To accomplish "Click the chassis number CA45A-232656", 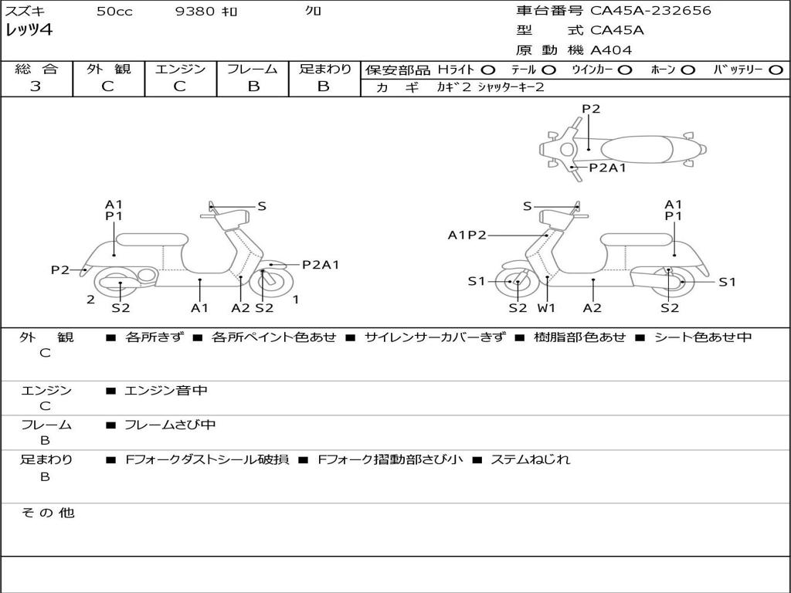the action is (650, 11).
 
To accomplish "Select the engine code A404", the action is (611, 50).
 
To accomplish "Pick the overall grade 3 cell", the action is (36, 86).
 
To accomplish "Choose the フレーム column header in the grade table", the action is (253, 69).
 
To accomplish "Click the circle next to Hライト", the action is (488, 69).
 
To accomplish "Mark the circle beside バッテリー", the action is (776, 69).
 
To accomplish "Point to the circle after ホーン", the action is (687, 69).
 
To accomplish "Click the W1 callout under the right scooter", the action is (547, 307).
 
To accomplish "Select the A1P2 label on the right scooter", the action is (467, 236).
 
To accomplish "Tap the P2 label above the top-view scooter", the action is (591, 109).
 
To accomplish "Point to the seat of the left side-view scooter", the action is (152, 239).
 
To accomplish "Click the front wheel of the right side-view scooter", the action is (517, 283).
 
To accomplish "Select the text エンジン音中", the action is (166, 391).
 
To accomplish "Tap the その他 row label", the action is (47, 513).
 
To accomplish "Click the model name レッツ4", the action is (29, 31).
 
